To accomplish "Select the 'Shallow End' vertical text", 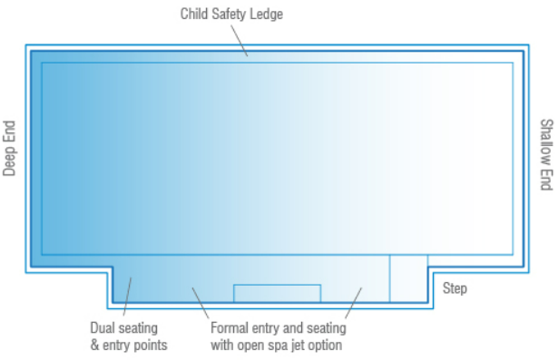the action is point(545,155).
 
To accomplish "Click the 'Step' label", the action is point(455,288).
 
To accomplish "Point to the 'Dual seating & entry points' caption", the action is point(128,336).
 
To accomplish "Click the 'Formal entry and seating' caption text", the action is point(277,328).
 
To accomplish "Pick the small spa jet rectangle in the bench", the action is point(277,293).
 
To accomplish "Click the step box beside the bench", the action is point(408,278).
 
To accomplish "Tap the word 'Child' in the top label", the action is point(194,15).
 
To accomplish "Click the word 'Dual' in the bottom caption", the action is point(103,328).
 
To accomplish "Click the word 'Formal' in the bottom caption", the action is point(230,328).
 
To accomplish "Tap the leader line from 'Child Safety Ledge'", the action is point(239,39).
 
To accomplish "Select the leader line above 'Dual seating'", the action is point(126,298).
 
